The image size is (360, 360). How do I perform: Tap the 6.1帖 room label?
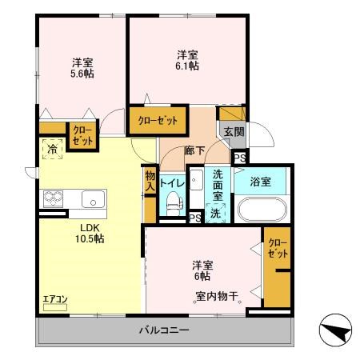point(188,61)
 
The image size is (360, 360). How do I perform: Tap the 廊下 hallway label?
point(195,150)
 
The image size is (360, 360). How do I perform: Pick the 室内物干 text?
point(218,297)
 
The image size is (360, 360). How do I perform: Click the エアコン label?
point(55,300)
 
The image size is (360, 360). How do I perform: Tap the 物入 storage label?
point(150,181)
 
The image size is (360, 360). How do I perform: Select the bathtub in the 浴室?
point(262,210)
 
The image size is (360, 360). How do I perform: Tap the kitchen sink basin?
point(90,198)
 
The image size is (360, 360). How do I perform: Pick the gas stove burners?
point(53,198)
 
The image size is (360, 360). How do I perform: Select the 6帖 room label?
point(201,270)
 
